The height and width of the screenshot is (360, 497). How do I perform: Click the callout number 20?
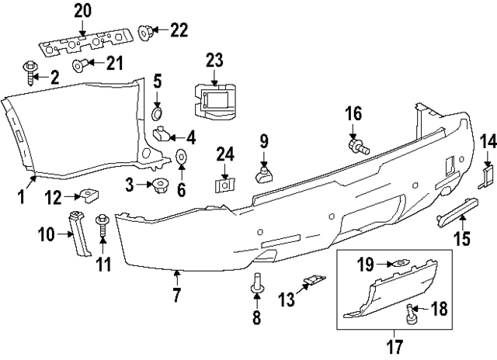[x=82, y=11]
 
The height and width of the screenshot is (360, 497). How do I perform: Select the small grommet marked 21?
[x=78, y=64]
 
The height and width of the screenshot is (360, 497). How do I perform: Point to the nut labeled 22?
[x=144, y=31]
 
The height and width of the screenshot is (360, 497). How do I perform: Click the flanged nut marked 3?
[x=162, y=185]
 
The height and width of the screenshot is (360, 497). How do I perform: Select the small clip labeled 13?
[x=313, y=280]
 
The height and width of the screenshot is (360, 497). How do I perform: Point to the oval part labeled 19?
[x=398, y=264]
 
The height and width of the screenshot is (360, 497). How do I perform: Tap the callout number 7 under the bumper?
[x=176, y=295]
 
